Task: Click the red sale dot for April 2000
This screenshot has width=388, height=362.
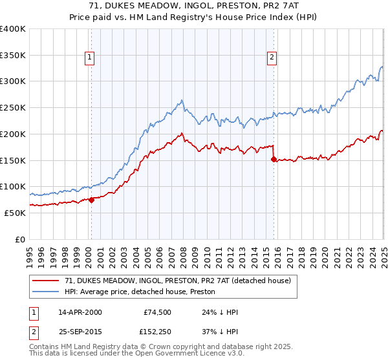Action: pos(91,200)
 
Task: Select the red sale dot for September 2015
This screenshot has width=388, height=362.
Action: pos(274,159)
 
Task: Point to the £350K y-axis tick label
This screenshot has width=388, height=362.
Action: pos(13,55)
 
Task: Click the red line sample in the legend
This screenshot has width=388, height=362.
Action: pos(45,281)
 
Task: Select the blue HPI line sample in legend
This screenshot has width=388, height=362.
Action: pos(45,292)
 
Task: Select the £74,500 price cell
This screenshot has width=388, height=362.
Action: pos(156,312)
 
